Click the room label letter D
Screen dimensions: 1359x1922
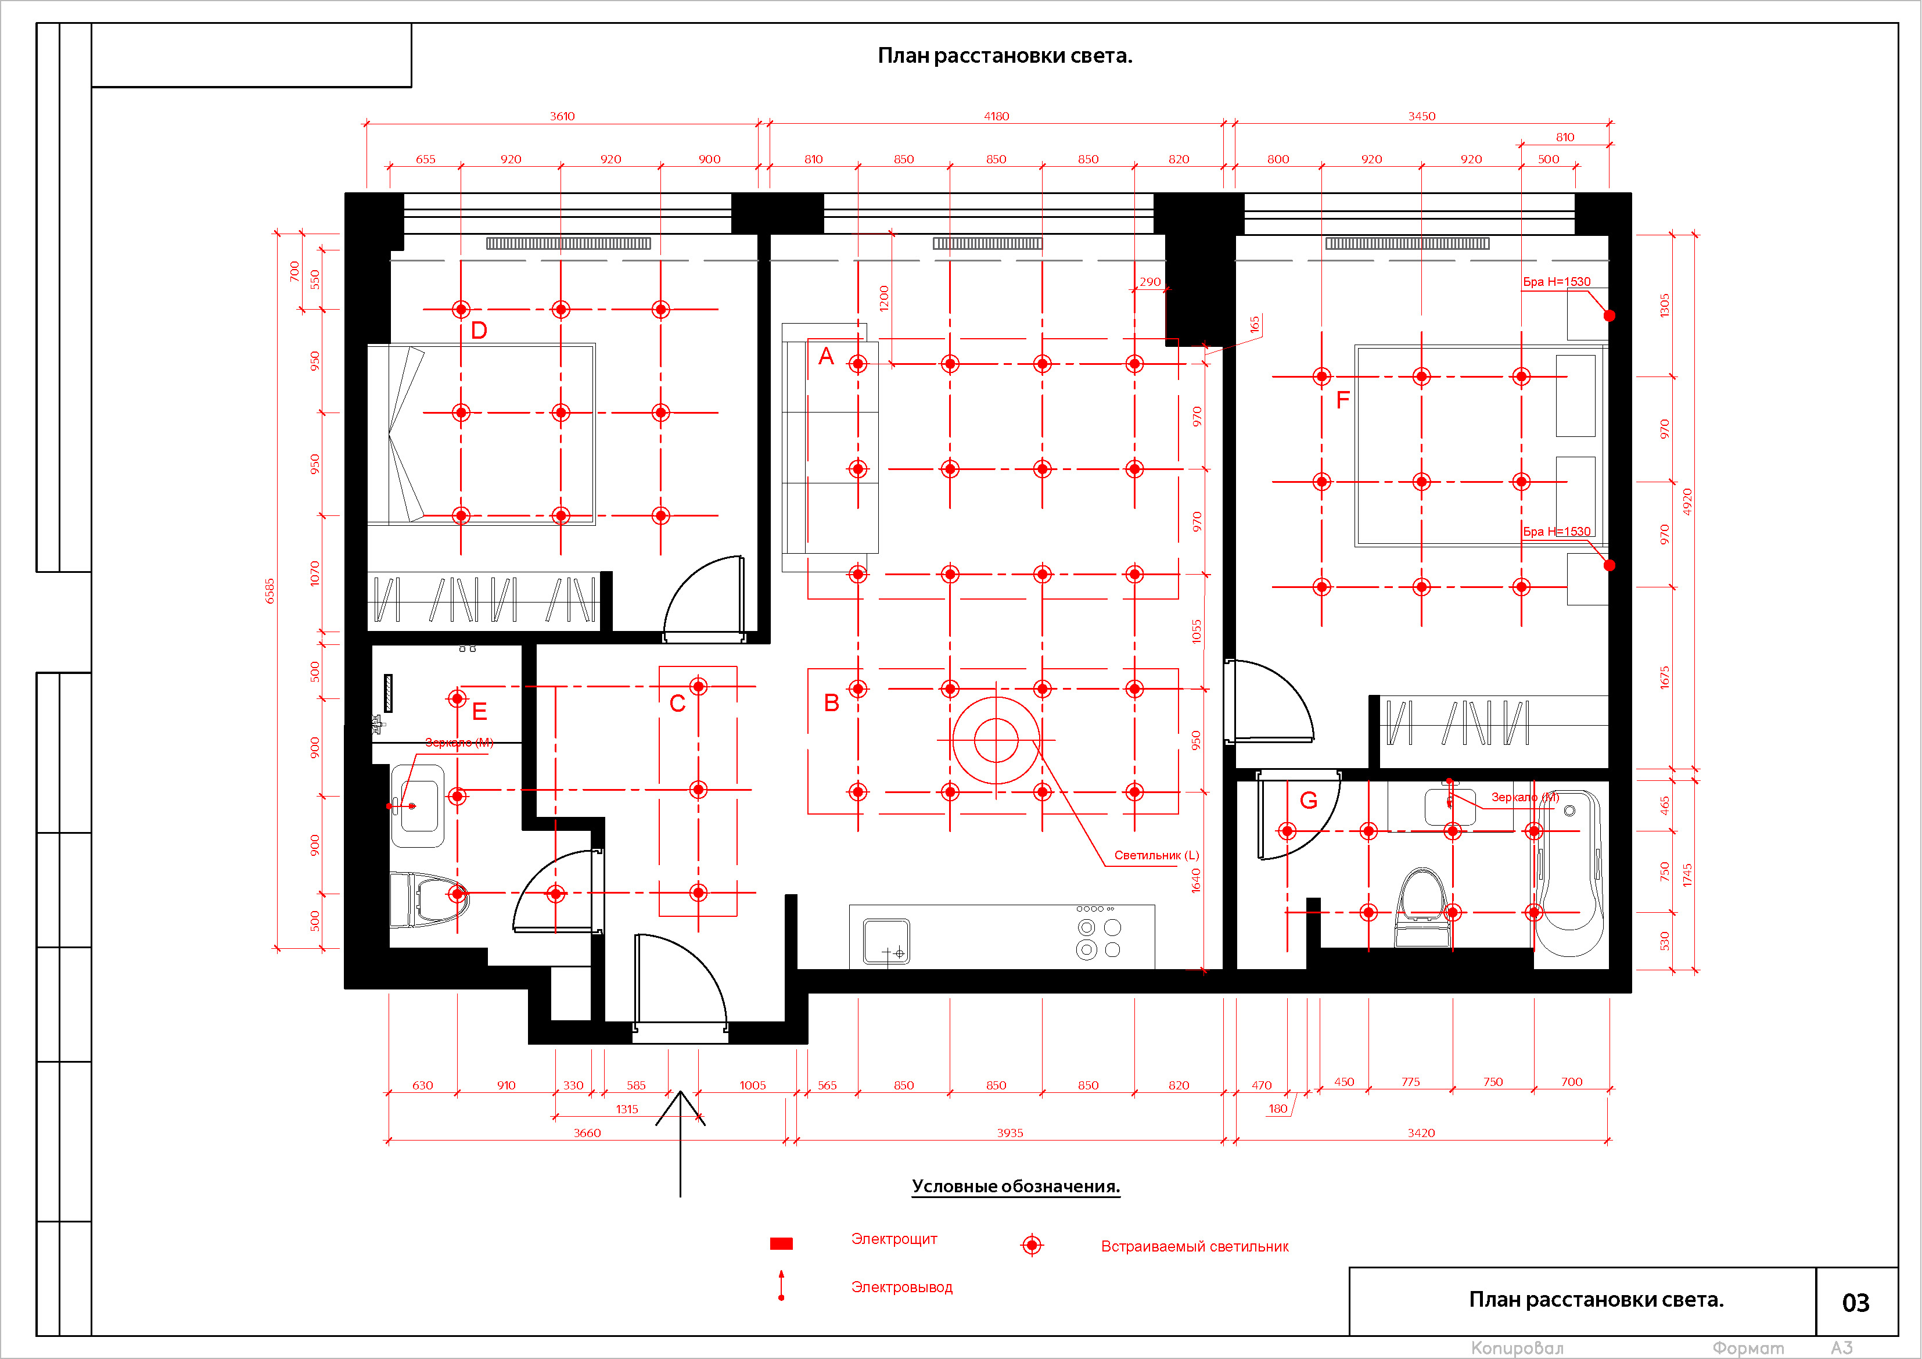point(479,330)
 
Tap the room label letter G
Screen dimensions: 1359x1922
point(1309,801)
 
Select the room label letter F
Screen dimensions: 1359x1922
point(1343,400)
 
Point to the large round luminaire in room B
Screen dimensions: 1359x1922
point(996,740)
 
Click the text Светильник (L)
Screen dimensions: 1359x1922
point(1156,855)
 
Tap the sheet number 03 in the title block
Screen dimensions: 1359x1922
point(1855,1303)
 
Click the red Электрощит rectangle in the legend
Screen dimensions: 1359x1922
point(781,1243)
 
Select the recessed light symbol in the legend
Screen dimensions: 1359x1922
point(1032,1245)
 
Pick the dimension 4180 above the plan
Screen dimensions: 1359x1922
point(996,116)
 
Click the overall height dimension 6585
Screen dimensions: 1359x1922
point(270,590)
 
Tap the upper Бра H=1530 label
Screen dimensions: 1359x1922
point(1556,281)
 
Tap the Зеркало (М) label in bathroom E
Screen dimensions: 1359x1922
point(459,743)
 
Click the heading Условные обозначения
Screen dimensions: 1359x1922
point(1015,1186)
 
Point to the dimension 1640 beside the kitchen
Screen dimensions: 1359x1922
point(1196,880)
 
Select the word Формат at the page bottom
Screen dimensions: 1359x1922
point(1748,1348)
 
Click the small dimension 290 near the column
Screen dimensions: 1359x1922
point(1150,281)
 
